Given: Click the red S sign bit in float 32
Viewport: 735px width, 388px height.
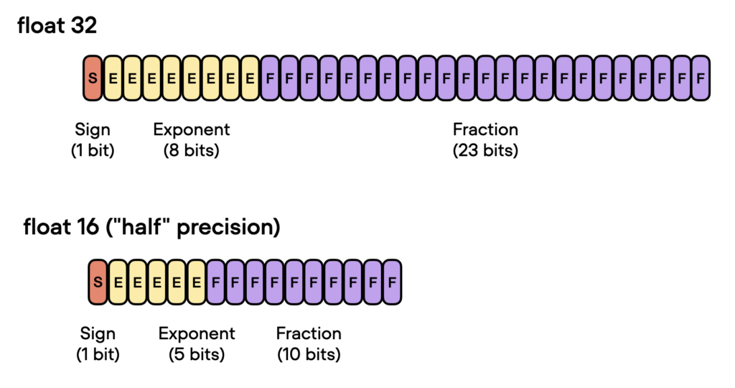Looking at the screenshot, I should [x=93, y=78].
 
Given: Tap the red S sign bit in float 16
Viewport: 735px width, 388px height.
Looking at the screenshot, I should [x=98, y=281].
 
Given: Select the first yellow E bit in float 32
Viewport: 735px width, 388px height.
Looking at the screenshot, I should [x=113, y=78].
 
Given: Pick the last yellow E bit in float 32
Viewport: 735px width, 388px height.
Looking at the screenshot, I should [x=250, y=78].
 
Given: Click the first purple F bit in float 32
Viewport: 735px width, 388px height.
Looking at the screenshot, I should [x=270, y=78].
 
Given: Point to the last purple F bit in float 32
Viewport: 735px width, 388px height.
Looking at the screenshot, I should [x=700, y=78].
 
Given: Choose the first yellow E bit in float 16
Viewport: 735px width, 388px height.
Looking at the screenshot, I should [x=118, y=281].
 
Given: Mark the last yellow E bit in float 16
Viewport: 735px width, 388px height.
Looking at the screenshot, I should [x=196, y=281].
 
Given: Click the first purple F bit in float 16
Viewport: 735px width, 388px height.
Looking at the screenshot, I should [x=216, y=281].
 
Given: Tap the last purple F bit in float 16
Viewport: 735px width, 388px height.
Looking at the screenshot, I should [x=391, y=281].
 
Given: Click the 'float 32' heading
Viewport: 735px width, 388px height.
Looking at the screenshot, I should [x=57, y=27].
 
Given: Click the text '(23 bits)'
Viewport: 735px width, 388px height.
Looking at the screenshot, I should [x=485, y=151].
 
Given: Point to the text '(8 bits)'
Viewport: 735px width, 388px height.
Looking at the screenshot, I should [x=191, y=151].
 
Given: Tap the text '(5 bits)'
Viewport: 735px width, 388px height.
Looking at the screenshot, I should [x=196, y=354].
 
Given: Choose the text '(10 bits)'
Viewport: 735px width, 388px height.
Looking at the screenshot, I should [x=309, y=354].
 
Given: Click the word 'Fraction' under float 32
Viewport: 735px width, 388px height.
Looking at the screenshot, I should [x=485, y=130].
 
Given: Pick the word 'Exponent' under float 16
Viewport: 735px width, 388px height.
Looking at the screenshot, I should [x=196, y=333].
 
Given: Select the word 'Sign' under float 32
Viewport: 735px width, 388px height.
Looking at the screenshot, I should [x=93, y=130].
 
